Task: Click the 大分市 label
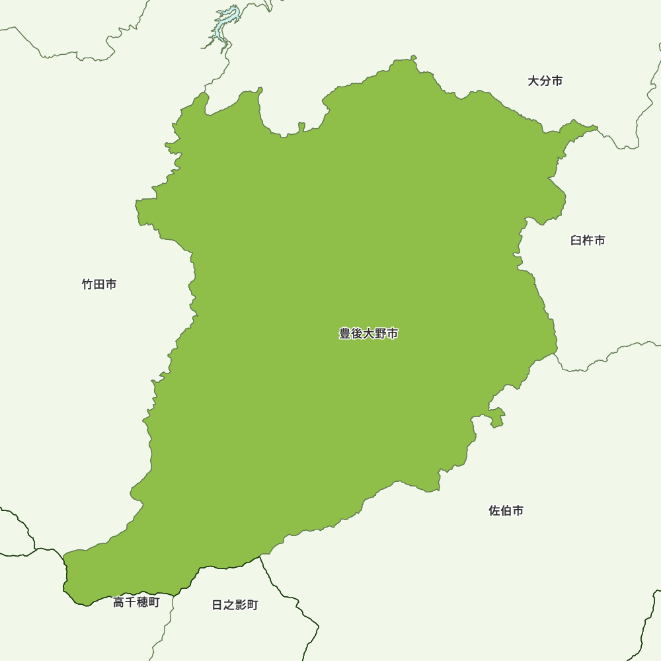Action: [545, 81]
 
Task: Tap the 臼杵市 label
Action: [588, 241]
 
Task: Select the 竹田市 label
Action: [99, 285]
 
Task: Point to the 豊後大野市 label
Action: [369, 334]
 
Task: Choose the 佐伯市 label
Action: [506, 511]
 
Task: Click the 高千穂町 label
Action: [136, 602]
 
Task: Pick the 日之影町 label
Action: [235, 605]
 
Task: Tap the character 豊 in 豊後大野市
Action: [345, 334]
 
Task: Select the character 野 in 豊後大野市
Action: [381, 334]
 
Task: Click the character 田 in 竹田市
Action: [99, 285]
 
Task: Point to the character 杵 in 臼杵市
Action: [588, 241]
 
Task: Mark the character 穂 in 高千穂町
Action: [142, 602]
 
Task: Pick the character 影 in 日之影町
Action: [241, 605]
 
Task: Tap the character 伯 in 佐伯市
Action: [506, 511]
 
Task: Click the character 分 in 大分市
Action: [545, 81]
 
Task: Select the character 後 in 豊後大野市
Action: [357, 334]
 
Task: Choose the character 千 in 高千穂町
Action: [130, 602]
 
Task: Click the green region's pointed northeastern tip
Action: [597, 127]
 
